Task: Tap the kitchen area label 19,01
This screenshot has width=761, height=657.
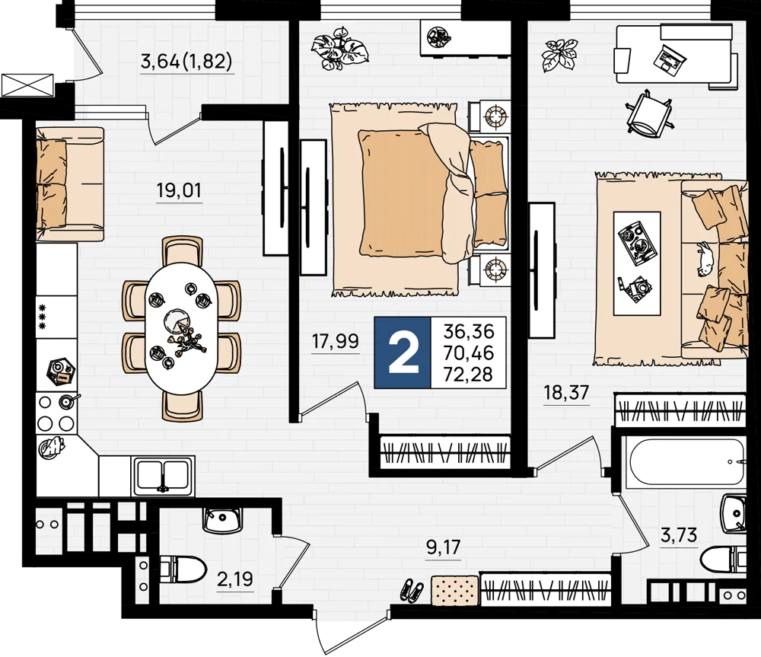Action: pos(179,190)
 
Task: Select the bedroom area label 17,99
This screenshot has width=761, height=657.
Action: pos(335,341)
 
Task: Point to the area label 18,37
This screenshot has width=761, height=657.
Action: pos(566,392)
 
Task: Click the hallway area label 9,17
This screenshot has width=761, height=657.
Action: pos(443,547)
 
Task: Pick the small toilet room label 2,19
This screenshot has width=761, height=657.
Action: pos(235,579)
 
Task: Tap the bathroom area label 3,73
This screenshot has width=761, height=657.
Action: pos(679,535)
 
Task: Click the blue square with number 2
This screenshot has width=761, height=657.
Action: pos(403,352)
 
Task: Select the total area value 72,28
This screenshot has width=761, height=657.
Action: pos(468,375)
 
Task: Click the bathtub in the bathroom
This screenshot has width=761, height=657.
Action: pos(684,463)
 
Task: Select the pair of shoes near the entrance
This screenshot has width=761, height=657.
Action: pos(412,591)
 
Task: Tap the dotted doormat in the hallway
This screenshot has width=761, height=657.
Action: pos(455,589)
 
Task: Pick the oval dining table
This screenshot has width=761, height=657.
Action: pos(182,327)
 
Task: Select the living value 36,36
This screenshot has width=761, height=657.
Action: pos(469,332)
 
